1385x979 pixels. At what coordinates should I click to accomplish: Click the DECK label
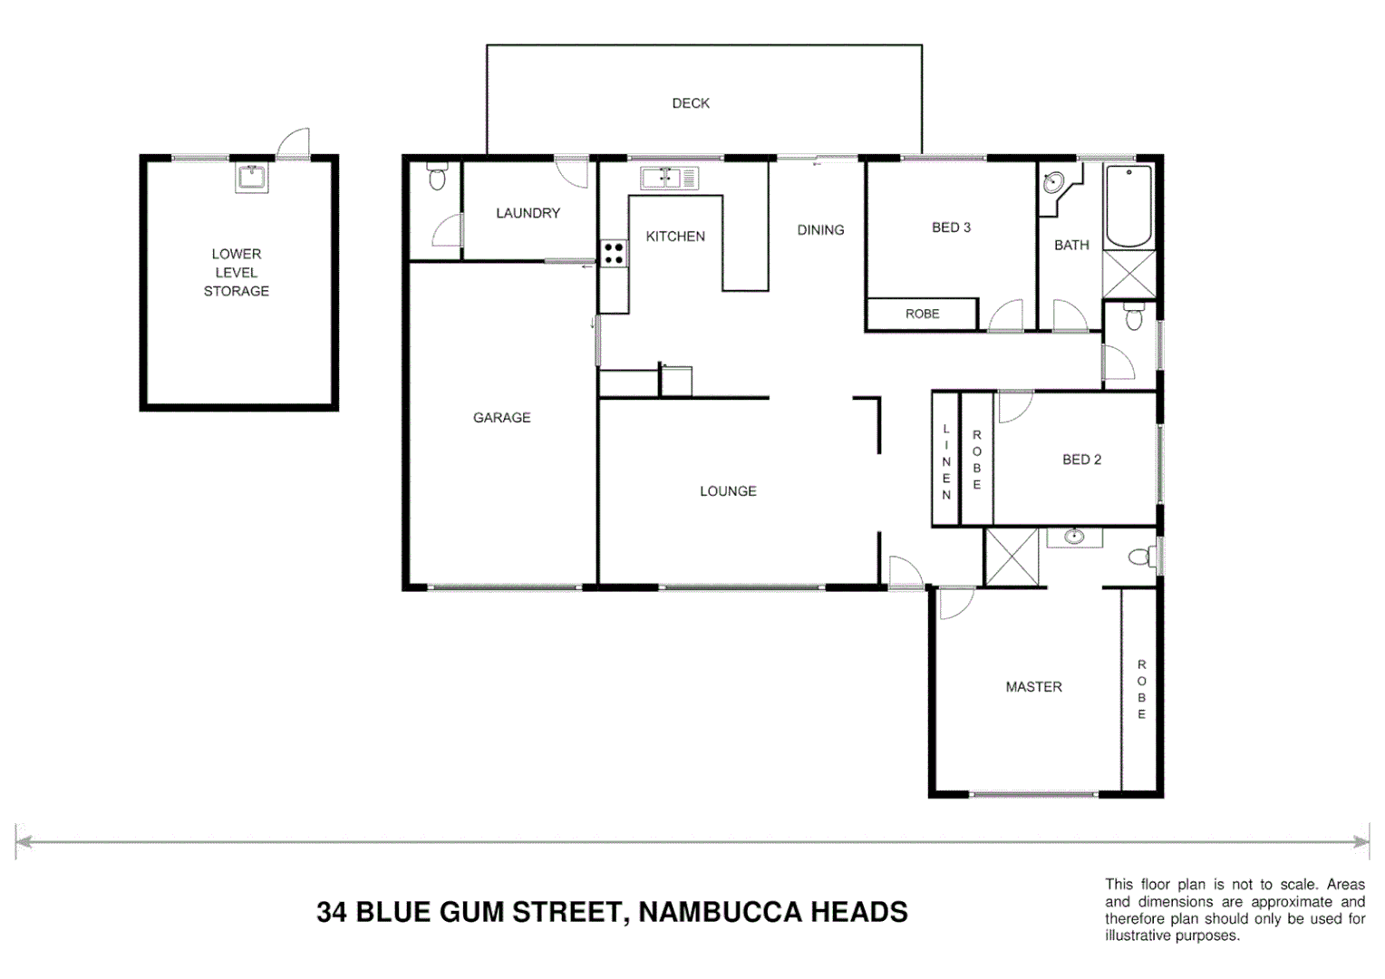tap(691, 103)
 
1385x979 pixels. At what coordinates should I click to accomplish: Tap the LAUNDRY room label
tap(528, 213)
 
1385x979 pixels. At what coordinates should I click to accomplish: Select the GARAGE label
tap(501, 418)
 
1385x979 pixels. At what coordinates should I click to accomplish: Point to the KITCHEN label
tap(675, 237)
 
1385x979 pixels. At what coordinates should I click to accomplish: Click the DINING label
tap(820, 230)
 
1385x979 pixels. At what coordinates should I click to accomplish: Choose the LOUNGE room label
tap(728, 491)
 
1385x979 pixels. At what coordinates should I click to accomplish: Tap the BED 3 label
tap(951, 228)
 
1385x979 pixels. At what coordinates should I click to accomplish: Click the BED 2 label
tap(1081, 460)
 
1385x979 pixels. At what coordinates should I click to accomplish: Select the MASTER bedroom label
tap(1033, 687)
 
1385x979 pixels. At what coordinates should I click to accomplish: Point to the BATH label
tap(1071, 245)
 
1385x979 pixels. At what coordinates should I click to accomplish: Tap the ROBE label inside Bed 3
tap(922, 314)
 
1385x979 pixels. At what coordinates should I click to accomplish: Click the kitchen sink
tap(669, 179)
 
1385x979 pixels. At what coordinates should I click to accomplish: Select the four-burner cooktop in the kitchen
tap(613, 253)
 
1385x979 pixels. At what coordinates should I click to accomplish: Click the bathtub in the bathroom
tap(1128, 206)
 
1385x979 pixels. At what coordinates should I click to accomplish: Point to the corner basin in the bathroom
tap(1053, 183)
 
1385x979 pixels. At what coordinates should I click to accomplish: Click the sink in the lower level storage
tap(251, 178)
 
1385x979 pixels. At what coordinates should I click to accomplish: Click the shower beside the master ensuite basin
tap(1012, 557)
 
